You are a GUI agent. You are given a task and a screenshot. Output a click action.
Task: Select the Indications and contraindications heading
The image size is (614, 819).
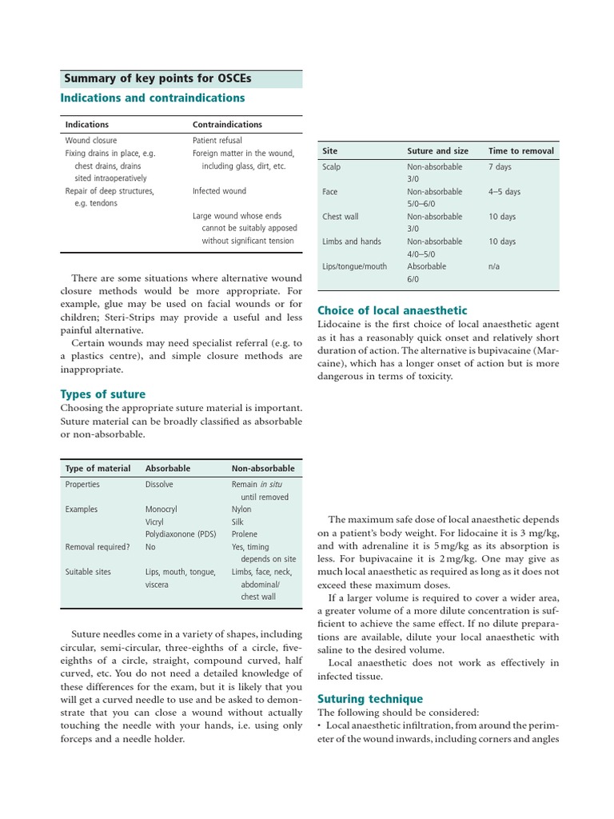153,98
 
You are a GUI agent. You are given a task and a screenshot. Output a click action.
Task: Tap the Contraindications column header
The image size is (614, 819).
227,125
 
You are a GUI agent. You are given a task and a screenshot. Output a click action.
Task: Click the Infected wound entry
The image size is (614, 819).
219,191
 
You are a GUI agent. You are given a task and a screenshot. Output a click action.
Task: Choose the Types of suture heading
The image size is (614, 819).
103,394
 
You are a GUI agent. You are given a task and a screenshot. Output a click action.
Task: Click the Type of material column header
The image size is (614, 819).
98,469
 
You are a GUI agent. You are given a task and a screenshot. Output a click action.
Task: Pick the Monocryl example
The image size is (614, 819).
161,509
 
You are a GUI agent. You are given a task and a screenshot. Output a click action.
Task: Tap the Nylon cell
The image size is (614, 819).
241,509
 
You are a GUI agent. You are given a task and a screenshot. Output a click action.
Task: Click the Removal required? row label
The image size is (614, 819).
97,547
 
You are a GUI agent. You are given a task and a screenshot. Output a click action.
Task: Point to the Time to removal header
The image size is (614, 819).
520,150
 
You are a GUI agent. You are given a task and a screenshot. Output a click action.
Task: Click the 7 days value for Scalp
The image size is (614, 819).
500,167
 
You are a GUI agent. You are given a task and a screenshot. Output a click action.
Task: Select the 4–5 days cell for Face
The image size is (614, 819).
504,192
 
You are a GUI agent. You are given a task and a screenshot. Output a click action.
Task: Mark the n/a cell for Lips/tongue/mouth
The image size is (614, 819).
494,266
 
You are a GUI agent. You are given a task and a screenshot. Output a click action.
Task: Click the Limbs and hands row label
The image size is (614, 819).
352,242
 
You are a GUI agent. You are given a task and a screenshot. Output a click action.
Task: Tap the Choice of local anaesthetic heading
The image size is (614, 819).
393,310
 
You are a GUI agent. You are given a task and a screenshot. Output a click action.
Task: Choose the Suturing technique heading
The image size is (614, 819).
370,698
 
